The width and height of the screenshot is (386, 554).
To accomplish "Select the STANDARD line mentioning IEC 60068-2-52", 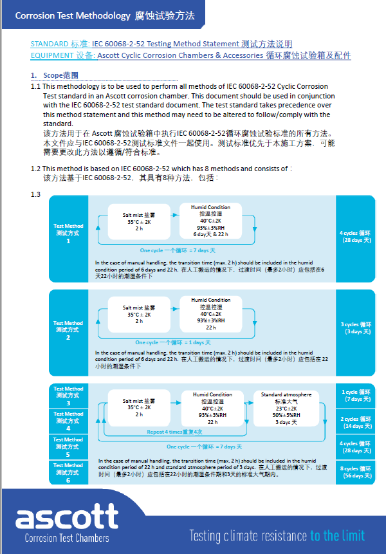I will click(161, 44).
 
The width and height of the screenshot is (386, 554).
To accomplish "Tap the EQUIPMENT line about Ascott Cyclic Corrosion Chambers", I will click(190, 56).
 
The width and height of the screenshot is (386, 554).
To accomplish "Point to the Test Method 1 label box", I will click(68, 233).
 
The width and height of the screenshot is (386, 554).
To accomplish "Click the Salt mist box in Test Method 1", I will click(139, 221).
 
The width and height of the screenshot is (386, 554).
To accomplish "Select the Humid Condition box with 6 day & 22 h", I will click(210, 221).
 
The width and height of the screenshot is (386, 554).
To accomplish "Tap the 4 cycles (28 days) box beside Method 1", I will click(355, 236).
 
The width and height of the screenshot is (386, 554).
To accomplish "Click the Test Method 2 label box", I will click(68, 329).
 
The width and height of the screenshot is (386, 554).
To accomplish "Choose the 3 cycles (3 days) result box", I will click(355, 328).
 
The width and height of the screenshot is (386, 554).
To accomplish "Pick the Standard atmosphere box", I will click(286, 408).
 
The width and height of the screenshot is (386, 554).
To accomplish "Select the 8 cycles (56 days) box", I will click(355, 472).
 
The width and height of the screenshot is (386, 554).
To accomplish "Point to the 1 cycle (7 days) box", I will click(355, 395).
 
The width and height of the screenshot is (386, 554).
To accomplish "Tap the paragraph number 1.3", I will click(36, 194).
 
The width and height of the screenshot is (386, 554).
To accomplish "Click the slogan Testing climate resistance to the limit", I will click(277, 535).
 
